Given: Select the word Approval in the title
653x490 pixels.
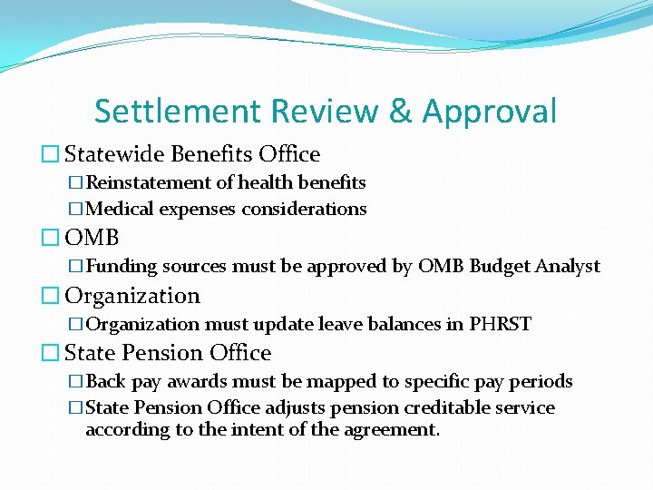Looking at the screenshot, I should pos(489,111).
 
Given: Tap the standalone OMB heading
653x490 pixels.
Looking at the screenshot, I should pos(92,238).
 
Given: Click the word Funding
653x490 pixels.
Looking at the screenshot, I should pos(121,266).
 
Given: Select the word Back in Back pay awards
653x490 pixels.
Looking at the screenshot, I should pos(105,380).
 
